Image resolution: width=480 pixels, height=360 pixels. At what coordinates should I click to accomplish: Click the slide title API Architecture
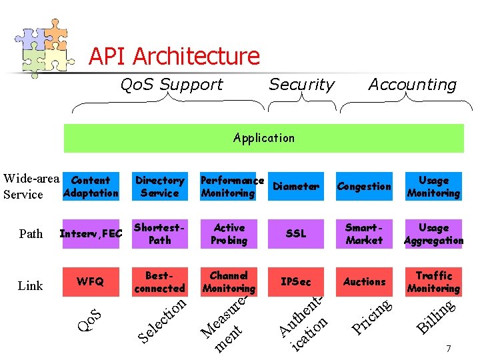click(x=174, y=56)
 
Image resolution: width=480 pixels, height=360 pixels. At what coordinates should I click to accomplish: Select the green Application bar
click(x=263, y=138)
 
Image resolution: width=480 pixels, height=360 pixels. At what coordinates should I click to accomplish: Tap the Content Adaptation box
click(x=91, y=187)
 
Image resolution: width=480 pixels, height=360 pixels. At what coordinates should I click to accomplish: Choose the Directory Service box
click(x=159, y=187)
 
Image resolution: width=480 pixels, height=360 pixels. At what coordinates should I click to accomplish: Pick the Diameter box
click(x=296, y=187)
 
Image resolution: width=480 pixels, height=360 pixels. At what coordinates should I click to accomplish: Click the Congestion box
click(x=364, y=187)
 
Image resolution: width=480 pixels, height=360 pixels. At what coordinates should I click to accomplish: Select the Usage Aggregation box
click(x=433, y=234)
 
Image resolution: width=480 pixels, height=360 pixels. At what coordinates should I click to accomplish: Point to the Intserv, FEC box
click(x=91, y=234)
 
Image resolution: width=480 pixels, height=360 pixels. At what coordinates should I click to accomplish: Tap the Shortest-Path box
click(x=159, y=234)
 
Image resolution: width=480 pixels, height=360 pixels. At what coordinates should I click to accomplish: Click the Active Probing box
click(x=229, y=234)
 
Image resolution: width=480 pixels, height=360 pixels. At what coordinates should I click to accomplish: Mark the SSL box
click(x=296, y=234)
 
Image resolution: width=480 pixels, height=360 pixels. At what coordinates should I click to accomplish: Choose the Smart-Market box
click(x=364, y=234)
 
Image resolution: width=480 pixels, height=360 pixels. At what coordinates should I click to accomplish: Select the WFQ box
click(x=91, y=281)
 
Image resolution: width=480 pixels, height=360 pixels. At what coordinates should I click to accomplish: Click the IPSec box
click(x=296, y=281)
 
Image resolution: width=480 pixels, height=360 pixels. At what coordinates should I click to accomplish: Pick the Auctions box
click(x=364, y=281)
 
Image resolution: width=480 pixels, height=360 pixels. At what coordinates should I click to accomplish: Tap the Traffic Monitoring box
click(x=433, y=281)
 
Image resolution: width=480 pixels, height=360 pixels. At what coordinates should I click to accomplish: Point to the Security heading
click(x=301, y=85)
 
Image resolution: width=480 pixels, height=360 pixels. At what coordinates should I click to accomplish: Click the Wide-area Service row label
click(x=31, y=187)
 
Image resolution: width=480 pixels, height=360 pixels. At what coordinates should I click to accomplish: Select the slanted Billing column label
click(x=436, y=317)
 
